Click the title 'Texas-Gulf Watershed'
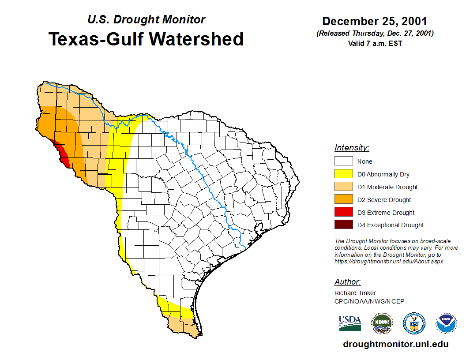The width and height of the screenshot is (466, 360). coord(146,39)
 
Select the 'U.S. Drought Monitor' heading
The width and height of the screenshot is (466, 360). coord(146,19)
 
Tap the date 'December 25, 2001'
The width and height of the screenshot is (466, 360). coord(375,21)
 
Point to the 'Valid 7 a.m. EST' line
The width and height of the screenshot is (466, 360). coord(375,43)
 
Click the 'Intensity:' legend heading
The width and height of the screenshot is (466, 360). coord(352,148)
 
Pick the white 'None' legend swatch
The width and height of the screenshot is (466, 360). coord(343,161)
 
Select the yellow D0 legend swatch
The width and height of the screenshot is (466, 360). coord(343,174)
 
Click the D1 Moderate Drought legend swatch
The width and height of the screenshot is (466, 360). coord(343,187)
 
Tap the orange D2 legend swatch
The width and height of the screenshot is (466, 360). coord(343,200)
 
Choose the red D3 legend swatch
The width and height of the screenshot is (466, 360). coord(343,212)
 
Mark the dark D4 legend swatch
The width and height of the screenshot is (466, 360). coord(343,225)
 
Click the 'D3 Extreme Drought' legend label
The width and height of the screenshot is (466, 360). coord(386,213)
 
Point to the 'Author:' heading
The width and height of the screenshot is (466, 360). coord(348,282)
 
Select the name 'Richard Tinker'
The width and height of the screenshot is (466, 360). coord(355,293)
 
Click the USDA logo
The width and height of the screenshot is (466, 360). coord(350,323)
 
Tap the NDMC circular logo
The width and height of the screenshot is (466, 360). coord(382,323)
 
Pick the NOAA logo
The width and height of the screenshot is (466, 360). coord(447,323)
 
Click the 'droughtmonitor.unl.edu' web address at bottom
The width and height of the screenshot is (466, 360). coord(396,345)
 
